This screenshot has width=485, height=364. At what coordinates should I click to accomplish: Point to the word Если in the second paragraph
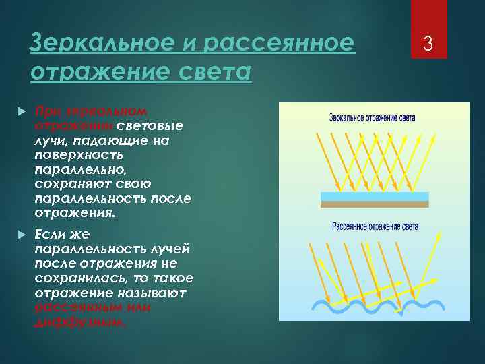click(x=48, y=233)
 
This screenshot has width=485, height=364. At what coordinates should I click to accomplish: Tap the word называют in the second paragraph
click(x=148, y=293)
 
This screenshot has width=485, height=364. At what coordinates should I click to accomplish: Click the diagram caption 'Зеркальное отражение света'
click(x=372, y=117)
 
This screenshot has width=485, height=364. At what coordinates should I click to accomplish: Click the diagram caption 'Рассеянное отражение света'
click(x=375, y=226)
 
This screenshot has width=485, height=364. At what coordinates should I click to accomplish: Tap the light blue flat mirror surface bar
click(x=374, y=196)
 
